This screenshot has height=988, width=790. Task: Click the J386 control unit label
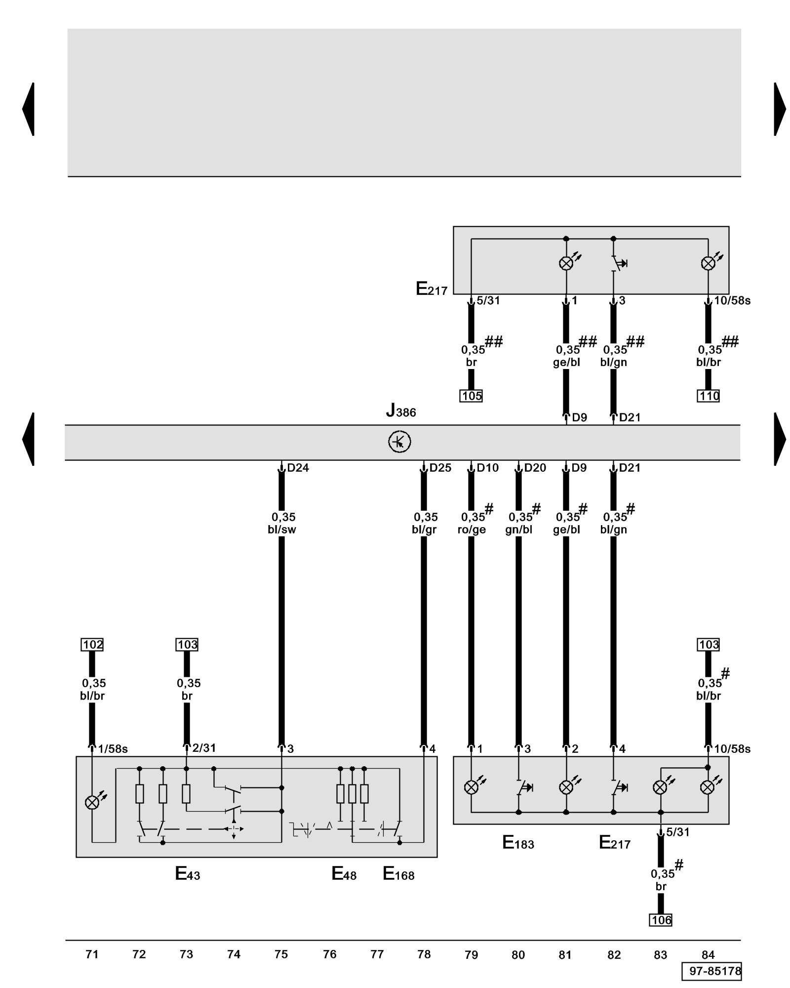[401, 411]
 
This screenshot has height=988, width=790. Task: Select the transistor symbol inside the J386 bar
[399, 442]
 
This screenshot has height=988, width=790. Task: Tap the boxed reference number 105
[471, 396]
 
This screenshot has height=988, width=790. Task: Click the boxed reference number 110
[708, 396]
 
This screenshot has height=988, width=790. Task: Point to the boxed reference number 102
[92, 644]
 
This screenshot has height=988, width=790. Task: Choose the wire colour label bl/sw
[281, 530]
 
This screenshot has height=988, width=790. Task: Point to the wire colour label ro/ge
[472, 530]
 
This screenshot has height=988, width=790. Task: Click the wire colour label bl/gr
[424, 530]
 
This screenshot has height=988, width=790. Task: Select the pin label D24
[298, 467]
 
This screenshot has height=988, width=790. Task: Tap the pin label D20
[535, 467]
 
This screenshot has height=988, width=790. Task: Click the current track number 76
[329, 954]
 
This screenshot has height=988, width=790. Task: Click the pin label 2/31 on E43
[204, 748]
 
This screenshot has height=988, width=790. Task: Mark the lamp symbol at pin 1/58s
[92, 803]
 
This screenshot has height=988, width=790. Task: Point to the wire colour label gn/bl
[518, 530]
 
